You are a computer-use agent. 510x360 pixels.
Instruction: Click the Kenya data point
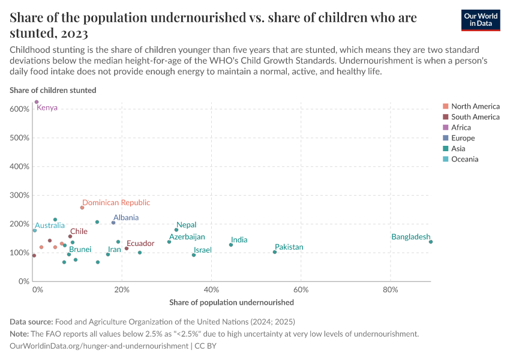[x=37, y=102]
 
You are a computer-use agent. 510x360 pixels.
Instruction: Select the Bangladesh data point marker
[x=431, y=242]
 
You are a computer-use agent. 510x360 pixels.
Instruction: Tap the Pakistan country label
[x=289, y=247]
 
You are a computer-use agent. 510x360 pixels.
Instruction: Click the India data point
[x=231, y=245]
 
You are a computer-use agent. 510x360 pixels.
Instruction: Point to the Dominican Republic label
[x=116, y=203]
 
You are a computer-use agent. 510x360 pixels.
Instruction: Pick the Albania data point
[x=113, y=223]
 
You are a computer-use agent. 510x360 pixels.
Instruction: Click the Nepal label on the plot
[x=187, y=225]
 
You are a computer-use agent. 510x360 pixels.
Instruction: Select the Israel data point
[x=194, y=255]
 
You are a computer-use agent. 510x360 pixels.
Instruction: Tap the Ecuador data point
[x=127, y=248]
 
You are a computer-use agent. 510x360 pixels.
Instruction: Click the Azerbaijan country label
[x=187, y=237]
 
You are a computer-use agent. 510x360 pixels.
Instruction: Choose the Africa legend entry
[x=461, y=127]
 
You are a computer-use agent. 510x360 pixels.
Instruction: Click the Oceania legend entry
[x=464, y=159]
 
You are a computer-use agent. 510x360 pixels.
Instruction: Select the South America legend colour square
[x=445, y=117]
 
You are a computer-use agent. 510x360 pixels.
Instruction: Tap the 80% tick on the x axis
[x=391, y=290]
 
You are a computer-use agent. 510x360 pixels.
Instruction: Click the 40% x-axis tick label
[x=211, y=290]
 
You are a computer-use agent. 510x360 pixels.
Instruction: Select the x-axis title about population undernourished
[x=232, y=302]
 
